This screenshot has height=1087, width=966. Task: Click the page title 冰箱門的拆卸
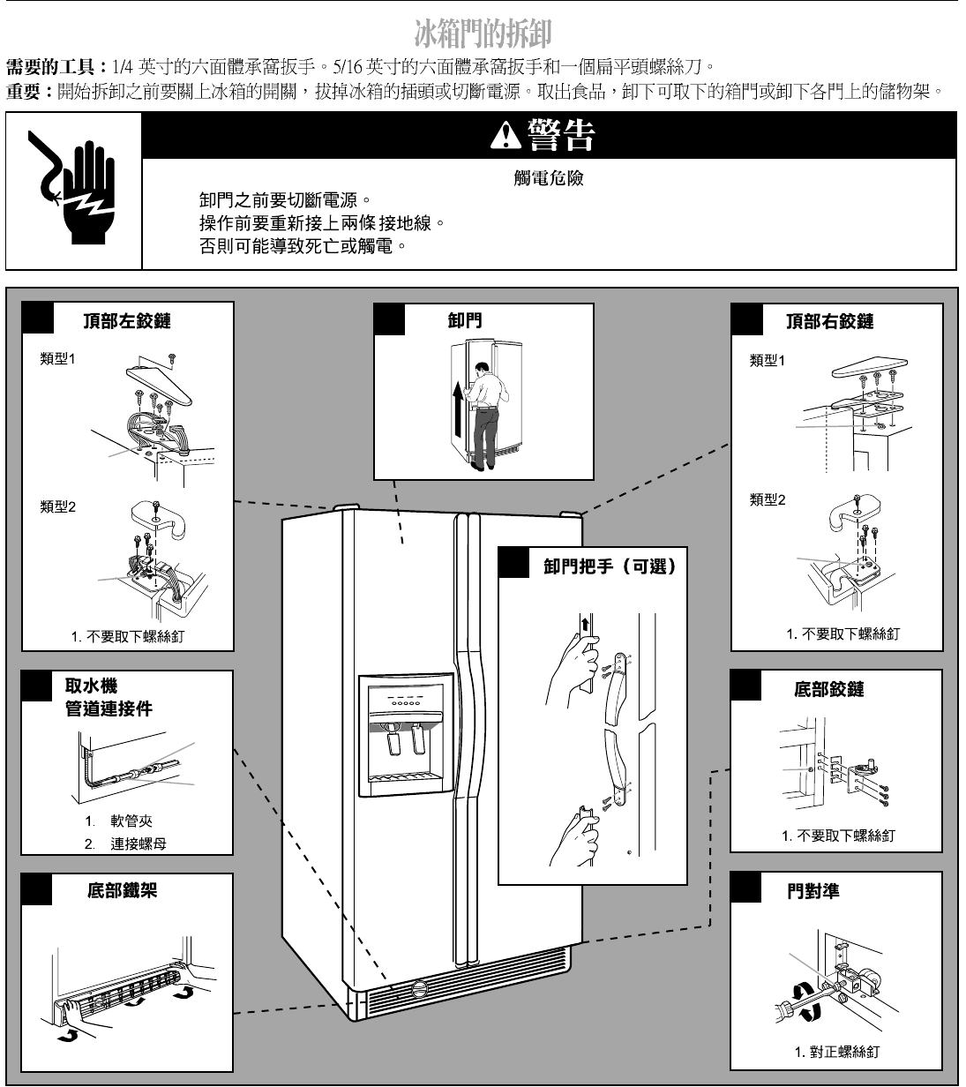[483, 34]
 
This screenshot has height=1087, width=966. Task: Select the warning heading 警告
[549, 134]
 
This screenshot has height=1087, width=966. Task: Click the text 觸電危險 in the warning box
[549, 178]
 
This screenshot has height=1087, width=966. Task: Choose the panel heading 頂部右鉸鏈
[830, 321]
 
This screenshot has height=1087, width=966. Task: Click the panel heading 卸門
[465, 320]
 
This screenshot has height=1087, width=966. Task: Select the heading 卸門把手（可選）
[610, 566]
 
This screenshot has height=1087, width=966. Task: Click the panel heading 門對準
[812, 891]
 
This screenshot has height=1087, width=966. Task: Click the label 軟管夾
[131, 821]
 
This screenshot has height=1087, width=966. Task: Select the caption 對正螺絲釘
[843, 1052]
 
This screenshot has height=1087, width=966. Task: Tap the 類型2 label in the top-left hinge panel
[58, 506]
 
